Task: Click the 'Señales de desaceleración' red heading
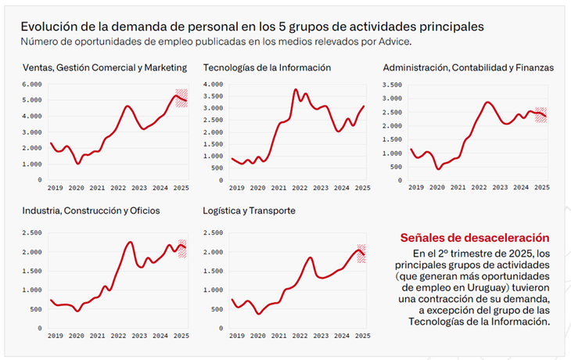click(x=475, y=238)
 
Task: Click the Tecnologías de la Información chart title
click(x=267, y=68)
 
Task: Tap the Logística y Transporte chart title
click(x=249, y=211)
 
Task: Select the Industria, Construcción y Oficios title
click(x=91, y=211)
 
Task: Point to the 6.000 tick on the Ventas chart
click(x=32, y=85)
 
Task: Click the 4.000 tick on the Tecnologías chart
click(x=213, y=85)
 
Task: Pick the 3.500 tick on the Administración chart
click(x=392, y=85)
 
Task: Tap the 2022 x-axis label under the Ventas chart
click(x=118, y=188)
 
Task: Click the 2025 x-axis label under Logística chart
click(x=363, y=336)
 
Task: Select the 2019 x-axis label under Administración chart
click(x=416, y=187)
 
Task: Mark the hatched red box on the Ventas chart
click(x=181, y=98)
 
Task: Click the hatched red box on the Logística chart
click(x=361, y=254)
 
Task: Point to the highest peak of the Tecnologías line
click(x=296, y=89)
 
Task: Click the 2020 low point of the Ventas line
click(x=78, y=164)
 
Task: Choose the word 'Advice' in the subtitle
click(x=394, y=41)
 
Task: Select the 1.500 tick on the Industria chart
click(x=32, y=271)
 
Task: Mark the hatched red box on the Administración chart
click(x=540, y=115)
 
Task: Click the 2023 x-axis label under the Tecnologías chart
click(x=321, y=188)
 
